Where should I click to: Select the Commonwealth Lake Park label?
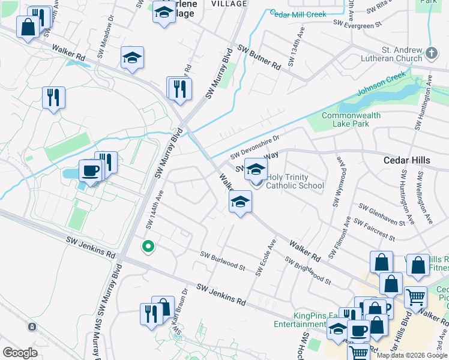coord(351,119)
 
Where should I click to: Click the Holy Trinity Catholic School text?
coord(295,181)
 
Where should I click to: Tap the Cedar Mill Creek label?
coord(298,13)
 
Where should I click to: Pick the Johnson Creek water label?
coord(382,86)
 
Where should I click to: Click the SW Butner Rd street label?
coord(259,58)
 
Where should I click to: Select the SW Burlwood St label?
coord(223,261)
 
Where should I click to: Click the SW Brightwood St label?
coord(307,270)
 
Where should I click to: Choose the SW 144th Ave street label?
coord(155,209)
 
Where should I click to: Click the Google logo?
coord(20,353)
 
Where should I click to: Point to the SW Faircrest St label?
coord(373,230)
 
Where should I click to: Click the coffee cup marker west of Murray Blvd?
coord(90,172)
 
